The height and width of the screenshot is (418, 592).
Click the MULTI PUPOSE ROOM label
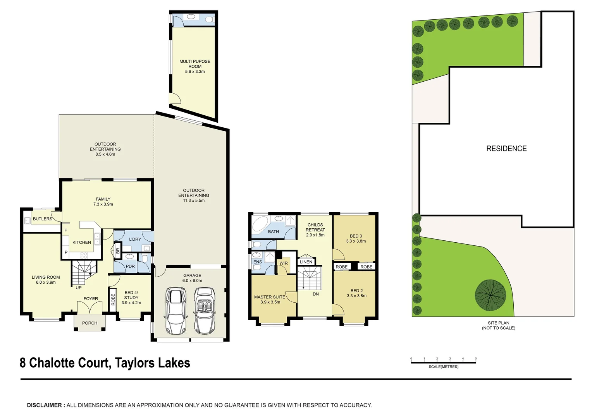point(195,66)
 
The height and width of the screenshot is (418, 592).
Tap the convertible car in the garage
point(204,310)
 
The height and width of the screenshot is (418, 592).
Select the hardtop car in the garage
point(176,310)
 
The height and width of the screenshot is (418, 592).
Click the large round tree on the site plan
point(490,295)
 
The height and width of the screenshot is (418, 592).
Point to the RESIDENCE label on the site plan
point(506,149)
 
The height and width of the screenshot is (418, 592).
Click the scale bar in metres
point(443,362)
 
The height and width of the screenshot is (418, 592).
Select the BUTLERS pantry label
point(42,219)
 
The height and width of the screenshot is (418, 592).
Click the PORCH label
point(89,323)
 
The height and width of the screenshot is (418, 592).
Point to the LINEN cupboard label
point(306,262)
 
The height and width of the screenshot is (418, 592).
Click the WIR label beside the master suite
point(284,263)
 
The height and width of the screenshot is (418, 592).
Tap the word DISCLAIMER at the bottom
point(44,405)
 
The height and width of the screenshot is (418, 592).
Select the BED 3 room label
point(356,238)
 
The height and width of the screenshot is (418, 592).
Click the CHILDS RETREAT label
point(315,230)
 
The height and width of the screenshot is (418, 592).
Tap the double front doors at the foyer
point(89,308)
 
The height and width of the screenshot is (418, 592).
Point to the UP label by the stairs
point(79,288)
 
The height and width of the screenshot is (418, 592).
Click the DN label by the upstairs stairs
point(316,294)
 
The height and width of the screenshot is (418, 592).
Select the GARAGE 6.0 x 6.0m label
point(192,278)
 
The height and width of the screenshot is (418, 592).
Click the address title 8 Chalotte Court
point(105,363)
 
